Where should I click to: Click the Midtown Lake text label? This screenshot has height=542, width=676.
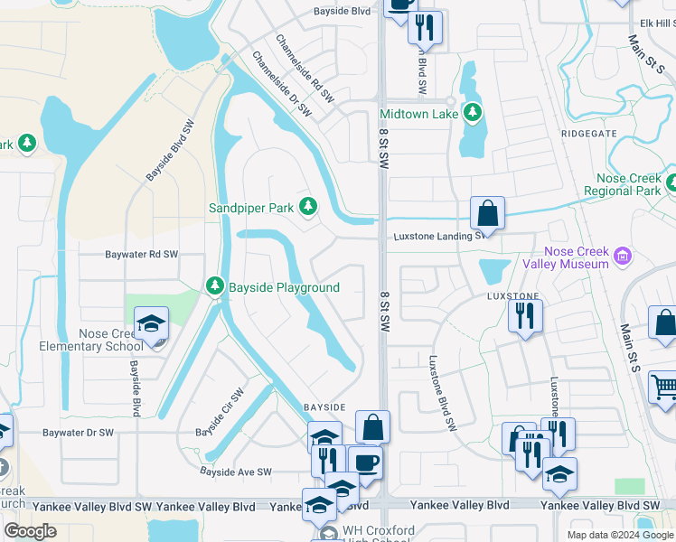pyautogui.click(x=418, y=114)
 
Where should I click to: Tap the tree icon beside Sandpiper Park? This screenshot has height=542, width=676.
pyautogui.click(x=308, y=207)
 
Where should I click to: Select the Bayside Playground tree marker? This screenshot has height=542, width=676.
pyautogui.click(x=214, y=286)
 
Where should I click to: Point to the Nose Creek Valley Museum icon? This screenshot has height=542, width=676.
pyautogui.click(x=621, y=257)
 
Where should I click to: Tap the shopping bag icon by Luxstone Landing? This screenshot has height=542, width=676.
pyautogui.click(x=487, y=215)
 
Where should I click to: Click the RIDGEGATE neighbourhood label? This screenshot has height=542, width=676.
pyautogui.click(x=588, y=133)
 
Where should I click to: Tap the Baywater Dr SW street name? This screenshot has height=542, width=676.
pyautogui.click(x=79, y=433)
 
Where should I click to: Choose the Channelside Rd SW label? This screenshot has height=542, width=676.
pyautogui.click(x=305, y=70)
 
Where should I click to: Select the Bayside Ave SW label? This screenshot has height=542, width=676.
pyautogui.click(x=236, y=472)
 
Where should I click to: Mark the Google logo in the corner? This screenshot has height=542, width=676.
pyautogui.click(x=31, y=531)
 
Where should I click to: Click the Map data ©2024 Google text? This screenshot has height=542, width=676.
pyautogui.click(x=620, y=535)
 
